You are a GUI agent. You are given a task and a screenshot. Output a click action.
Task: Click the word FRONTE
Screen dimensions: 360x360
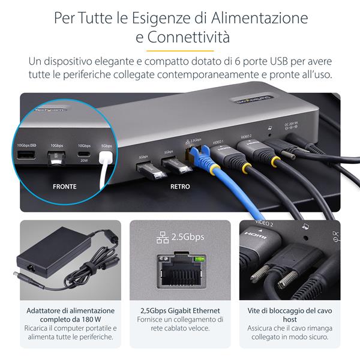tap(64, 187)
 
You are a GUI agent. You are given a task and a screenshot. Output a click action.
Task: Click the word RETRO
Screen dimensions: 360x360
tap(180, 187)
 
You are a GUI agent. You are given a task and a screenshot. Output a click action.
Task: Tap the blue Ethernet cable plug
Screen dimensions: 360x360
tap(199, 157)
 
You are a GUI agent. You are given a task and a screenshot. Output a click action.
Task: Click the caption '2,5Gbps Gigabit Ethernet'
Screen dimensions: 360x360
tap(180, 311)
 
